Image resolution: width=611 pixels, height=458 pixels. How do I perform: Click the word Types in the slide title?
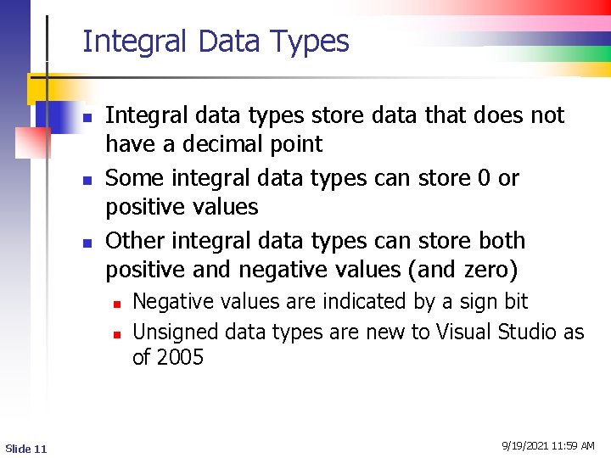[310, 42]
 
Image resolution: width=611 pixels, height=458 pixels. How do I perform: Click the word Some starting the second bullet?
[134, 178]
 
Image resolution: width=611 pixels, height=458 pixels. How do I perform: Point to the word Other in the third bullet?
[136, 241]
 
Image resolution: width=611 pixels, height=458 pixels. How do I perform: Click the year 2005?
[181, 357]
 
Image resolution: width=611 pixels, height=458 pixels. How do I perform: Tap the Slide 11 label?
[26, 448]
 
